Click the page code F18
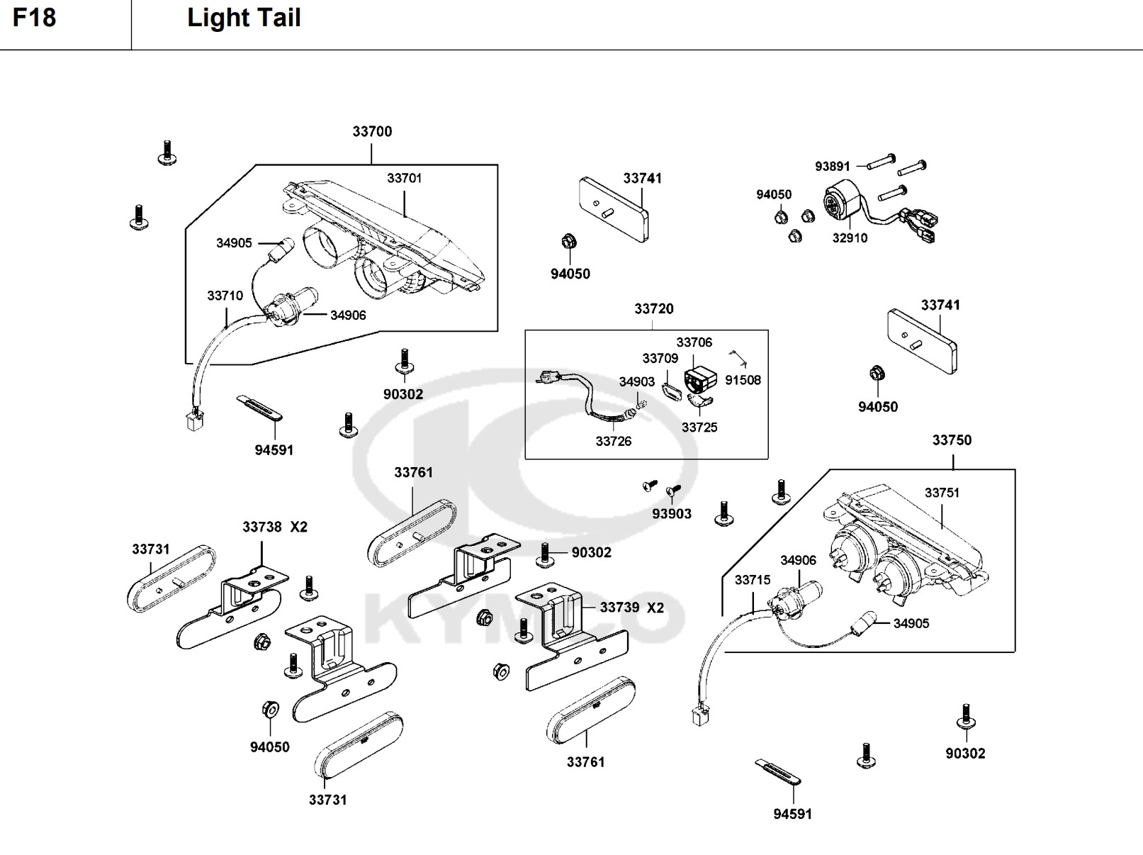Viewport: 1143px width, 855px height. pos(34,18)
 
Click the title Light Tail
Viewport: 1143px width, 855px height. pos(244,18)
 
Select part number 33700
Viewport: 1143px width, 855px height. pos(372,131)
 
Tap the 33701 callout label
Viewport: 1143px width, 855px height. pos(404,178)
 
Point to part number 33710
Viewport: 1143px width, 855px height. pos(225,296)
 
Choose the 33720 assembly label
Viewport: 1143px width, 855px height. pos(653,308)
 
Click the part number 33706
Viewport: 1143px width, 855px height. pos(694,342)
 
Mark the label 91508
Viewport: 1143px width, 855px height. pos(743,380)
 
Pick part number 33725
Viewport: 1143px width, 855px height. pos(699,428)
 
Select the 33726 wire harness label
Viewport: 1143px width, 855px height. pos(613,441)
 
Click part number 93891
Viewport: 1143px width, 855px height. pos(832,167)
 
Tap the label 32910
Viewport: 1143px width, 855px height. pos(850,238)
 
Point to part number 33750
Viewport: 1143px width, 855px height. pos(952,440)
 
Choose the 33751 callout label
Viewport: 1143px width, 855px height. pos(942,493)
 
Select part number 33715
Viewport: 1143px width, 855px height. pos(752,580)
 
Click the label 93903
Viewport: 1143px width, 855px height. pos(672,513)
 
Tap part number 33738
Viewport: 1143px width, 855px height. pos(262,527)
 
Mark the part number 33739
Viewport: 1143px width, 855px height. pos(619,608)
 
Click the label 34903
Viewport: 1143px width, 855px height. pos(636,382)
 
